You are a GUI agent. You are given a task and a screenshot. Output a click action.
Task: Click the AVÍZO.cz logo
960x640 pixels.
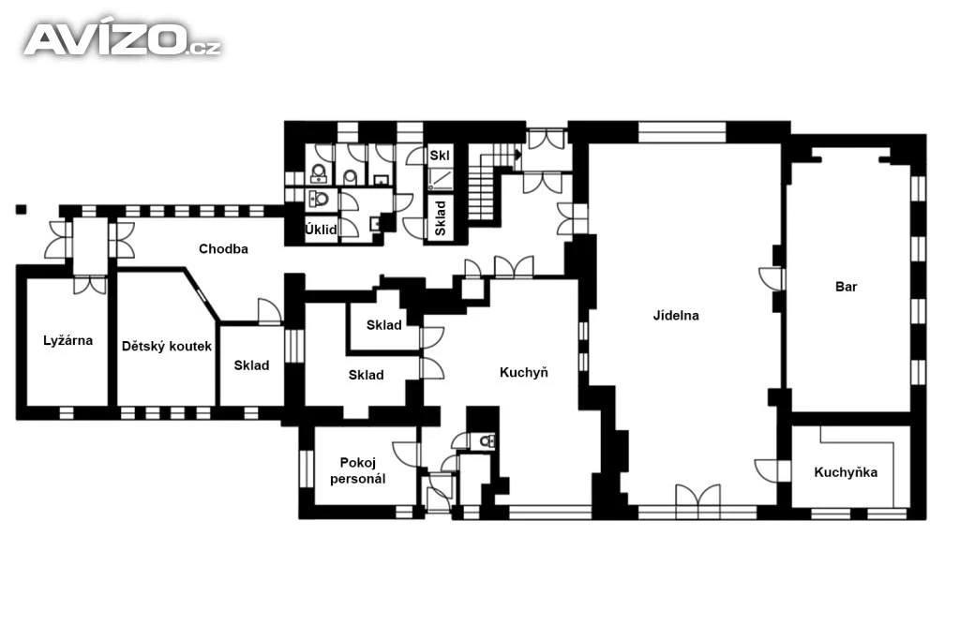click(123, 39)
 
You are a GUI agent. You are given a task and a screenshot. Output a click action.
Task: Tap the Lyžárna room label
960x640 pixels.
click(67, 341)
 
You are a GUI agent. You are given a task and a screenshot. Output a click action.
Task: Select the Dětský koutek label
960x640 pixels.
click(167, 347)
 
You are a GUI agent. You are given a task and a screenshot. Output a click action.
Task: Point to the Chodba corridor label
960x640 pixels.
click(223, 249)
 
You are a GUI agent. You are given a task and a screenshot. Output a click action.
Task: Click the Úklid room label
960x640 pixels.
click(321, 230)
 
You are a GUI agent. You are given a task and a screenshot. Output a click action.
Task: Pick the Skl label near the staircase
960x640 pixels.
click(440, 156)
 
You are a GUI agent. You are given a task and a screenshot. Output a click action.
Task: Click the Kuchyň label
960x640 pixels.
click(523, 372)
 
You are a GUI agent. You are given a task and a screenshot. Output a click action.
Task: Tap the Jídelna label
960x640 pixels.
click(676, 316)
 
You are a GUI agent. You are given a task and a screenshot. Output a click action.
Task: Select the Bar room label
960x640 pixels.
click(847, 287)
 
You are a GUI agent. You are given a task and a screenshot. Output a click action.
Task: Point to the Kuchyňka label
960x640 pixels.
click(846, 472)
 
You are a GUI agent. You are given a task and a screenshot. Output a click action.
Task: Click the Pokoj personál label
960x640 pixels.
click(357, 470)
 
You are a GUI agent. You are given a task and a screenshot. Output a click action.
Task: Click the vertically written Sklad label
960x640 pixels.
click(441, 218)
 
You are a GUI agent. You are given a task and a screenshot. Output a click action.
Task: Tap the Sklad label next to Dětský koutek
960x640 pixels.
click(251, 365)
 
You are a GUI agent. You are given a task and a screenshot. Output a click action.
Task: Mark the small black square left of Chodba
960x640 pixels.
click(22, 209)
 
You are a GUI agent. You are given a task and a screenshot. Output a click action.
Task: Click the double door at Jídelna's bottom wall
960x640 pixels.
click(697, 500)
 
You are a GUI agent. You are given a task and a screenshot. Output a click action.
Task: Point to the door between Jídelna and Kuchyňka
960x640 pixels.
click(768, 470)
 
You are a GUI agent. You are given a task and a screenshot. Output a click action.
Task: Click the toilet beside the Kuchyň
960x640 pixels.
click(487, 439)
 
